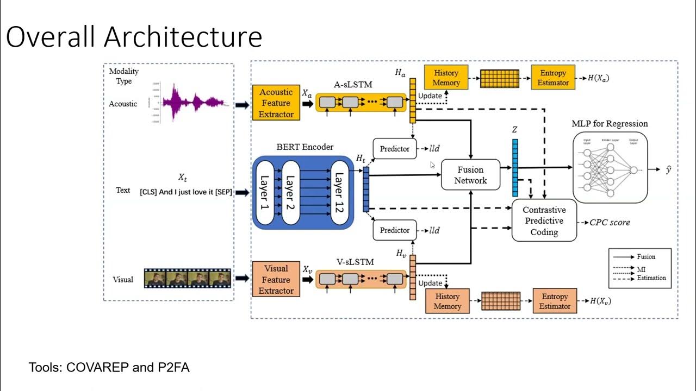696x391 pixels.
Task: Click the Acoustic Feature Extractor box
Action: click(276, 103)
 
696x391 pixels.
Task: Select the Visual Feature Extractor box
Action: click(276, 280)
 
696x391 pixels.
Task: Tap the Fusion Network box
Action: click(470, 175)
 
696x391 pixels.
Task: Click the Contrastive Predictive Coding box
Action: click(544, 221)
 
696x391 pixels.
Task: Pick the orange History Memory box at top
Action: click(446, 78)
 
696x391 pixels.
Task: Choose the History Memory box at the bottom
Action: click(447, 301)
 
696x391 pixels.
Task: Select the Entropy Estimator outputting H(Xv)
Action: click(555, 301)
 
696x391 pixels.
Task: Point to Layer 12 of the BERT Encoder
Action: click(339, 192)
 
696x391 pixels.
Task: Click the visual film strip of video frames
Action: click(188, 279)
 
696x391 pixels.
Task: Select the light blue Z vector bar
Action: click(514, 167)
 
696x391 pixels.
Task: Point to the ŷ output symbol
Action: click(668, 170)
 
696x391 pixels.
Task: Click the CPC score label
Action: click(610, 222)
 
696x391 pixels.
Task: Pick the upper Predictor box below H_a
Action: click(395, 149)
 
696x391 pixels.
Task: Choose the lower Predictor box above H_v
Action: click(395, 230)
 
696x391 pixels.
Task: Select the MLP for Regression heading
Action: click(610, 123)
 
